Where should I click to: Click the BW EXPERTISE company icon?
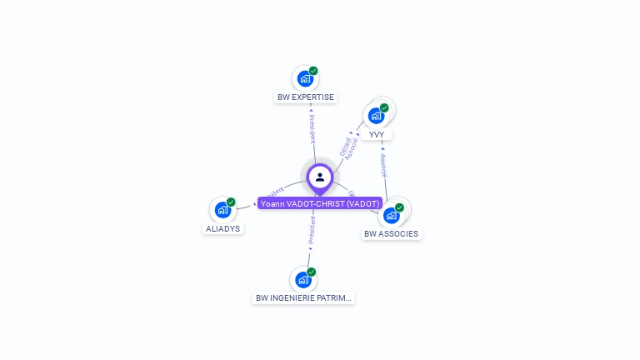[x=305, y=79]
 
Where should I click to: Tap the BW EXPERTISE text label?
[x=306, y=97]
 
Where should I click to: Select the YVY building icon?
[x=376, y=115]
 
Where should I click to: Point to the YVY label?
[x=377, y=134]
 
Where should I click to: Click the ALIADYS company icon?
[x=222, y=210]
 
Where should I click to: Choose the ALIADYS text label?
[x=222, y=228]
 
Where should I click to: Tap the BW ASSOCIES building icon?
[x=392, y=215]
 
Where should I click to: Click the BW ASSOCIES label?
[x=392, y=234]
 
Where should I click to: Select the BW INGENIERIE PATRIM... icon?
[x=303, y=280]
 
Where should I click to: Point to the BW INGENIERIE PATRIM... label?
[x=304, y=298]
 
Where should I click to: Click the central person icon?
[x=320, y=177]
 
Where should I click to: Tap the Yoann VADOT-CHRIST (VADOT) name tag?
[x=320, y=203]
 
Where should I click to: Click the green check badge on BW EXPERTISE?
[x=313, y=71]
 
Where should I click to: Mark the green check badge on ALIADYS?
[x=231, y=202]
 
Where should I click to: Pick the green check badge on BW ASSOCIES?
[x=399, y=207]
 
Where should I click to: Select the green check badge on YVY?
[x=384, y=107]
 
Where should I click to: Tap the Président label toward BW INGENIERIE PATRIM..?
[x=312, y=232]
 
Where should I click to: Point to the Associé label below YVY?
[x=383, y=164]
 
